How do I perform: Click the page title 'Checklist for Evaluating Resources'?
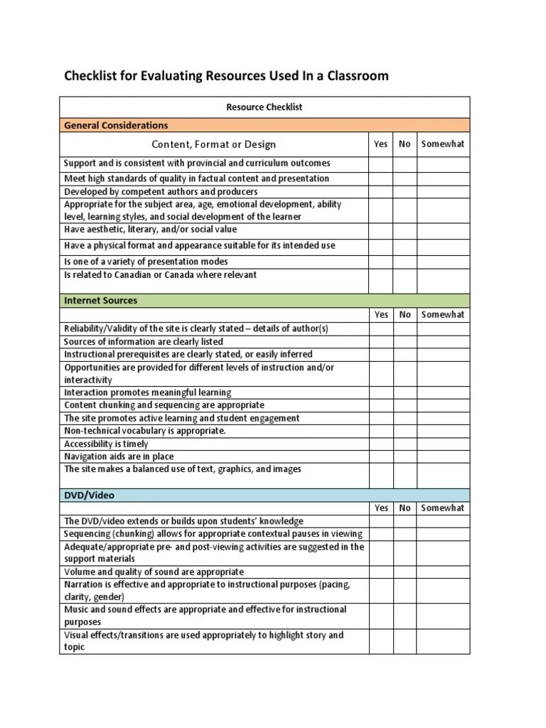[x=226, y=75]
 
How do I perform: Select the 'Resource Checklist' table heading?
[x=264, y=107]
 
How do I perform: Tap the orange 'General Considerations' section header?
[x=116, y=125]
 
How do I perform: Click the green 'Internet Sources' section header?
[x=100, y=300]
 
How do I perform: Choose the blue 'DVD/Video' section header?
[x=89, y=495]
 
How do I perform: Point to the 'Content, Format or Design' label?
[x=213, y=144]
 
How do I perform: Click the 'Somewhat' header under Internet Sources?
[x=442, y=314]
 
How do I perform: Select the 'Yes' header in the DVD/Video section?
[x=380, y=508]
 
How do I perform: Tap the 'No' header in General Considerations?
[x=405, y=144]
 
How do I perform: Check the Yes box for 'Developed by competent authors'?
[x=380, y=192]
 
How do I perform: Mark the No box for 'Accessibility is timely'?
[x=405, y=444]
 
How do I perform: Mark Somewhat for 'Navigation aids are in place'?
[x=442, y=456]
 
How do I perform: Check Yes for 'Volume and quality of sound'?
[x=380, y=572]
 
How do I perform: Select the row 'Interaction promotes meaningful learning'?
[x=148, y=392]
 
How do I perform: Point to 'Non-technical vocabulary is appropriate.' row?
[x=145, y=431]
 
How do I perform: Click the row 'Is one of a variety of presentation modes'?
[x=146, y=262]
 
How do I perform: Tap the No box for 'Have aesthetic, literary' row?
[x=405, y=230]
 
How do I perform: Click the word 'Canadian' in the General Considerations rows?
[x=132, y=275]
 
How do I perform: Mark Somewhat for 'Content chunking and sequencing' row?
[x=442, y=405]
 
